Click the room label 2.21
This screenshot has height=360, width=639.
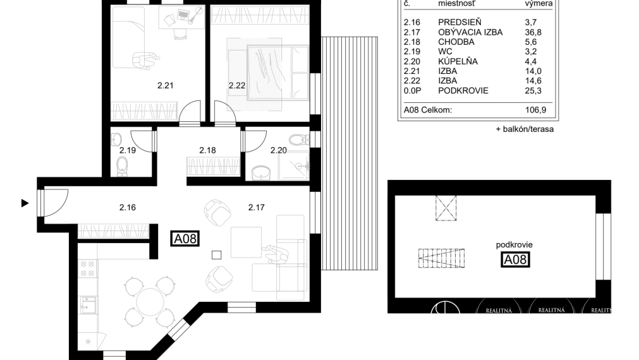165,86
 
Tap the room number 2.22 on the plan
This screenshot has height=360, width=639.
237,86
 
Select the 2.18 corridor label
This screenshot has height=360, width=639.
207,150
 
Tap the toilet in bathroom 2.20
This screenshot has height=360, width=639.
297,139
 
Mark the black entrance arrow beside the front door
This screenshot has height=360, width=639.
25,203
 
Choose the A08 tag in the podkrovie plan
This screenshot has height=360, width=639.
515,259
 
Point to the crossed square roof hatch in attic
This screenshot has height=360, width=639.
446,208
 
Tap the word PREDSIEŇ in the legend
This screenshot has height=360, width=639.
459,22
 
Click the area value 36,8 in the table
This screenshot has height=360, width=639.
535,32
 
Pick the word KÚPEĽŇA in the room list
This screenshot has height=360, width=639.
458,61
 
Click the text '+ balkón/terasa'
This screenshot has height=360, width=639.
525,129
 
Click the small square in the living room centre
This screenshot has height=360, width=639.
216,255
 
